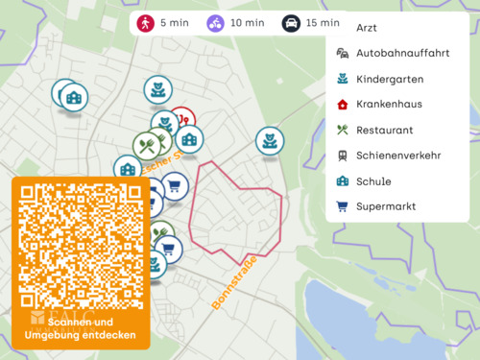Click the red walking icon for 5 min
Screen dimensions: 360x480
click(x=146, y=23)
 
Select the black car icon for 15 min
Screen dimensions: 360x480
click(x=291, y=23)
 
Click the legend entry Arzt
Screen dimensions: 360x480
click(x=367, y=28)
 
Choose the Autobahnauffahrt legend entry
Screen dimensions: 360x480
click(x=402, y=54)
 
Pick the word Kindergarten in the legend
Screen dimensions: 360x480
click(x=389, y=79)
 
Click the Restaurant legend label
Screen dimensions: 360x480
click(x=384, y=130)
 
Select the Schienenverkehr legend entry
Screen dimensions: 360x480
click(x=397, y=156)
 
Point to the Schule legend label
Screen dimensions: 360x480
click(x=373, y=180)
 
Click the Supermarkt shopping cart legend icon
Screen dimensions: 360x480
click(x=342, y=205)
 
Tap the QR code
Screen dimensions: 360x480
click(x=81, y=245)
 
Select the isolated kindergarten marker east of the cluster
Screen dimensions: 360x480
click(x=270, y=140)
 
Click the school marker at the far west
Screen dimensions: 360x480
click(x=73, y=96)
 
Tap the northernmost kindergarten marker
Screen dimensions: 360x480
click(x=156, y=90)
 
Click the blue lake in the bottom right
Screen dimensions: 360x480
click(x=384, y=322)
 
